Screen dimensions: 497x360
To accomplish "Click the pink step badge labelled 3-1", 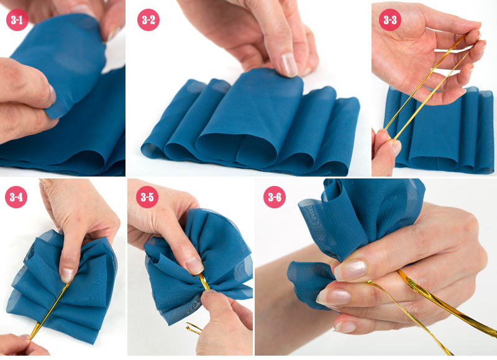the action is [x=17, y=20].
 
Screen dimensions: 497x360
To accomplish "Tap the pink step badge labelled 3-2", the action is [x=148, y=20].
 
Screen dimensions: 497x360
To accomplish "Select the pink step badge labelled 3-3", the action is [x=390, y=20].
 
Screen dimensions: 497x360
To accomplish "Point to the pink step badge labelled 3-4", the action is [x=16, y=197].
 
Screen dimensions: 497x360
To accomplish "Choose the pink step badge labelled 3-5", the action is [x=147, y=197].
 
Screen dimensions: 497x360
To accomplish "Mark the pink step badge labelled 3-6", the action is [x=275, y=197].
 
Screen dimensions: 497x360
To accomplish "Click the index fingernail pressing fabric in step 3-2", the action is [x=289, y=65].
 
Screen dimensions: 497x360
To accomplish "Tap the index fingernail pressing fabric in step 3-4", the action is [x=68, y=275].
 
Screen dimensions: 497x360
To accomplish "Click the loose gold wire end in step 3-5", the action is [x=193, y=328].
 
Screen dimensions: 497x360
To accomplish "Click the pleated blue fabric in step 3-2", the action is [x=250, y=124].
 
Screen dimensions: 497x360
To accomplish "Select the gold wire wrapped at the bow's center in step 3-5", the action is [x=204, y=282].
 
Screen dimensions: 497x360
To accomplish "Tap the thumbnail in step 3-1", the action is [x=52, y=95].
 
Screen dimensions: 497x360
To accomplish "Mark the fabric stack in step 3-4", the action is [x=62, y=285].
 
